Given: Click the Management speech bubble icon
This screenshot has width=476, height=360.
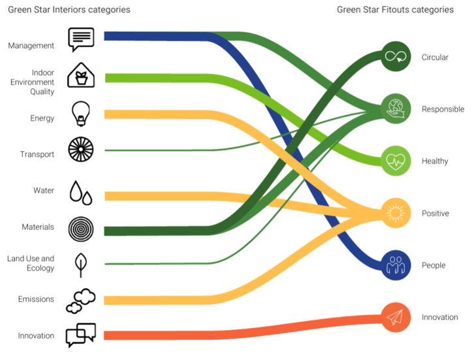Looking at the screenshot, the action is [x=82, y=39].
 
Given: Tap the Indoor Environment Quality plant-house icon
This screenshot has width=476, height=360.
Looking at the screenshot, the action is [x=81, y=75].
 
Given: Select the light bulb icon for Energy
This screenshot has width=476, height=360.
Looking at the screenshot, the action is [x=81, y=114].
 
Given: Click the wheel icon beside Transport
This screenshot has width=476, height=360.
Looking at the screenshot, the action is [x=82, y=150].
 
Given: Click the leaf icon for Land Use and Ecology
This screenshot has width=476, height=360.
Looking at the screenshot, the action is [x=81, y=263].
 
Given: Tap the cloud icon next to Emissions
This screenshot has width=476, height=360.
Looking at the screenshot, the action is [x=81, y=301].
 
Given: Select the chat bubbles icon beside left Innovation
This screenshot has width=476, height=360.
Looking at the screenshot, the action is [x=81, y=335].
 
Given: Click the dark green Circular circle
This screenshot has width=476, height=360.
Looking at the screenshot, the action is [x=396, y=56].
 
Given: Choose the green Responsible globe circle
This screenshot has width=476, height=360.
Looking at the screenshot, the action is [x=396, y=108].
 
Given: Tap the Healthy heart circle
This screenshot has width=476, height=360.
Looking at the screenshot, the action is [x=396, y=161].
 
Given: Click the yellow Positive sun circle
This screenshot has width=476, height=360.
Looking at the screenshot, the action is [x=396, y=213].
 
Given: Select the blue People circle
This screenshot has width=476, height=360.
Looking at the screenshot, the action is [x=396, y=265].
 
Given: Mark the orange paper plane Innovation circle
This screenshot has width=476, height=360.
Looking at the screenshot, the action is [x=396, y=317].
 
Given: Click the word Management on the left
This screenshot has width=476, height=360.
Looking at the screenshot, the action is [x=31, y=46].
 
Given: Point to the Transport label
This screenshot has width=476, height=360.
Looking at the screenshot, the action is [x=37, y=154].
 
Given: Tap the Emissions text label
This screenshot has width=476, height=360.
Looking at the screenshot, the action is [x=36, y=299].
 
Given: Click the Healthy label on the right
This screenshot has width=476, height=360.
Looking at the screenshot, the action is [x=435, y=161].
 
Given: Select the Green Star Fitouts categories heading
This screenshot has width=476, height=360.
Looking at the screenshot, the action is [x=395, y=10].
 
